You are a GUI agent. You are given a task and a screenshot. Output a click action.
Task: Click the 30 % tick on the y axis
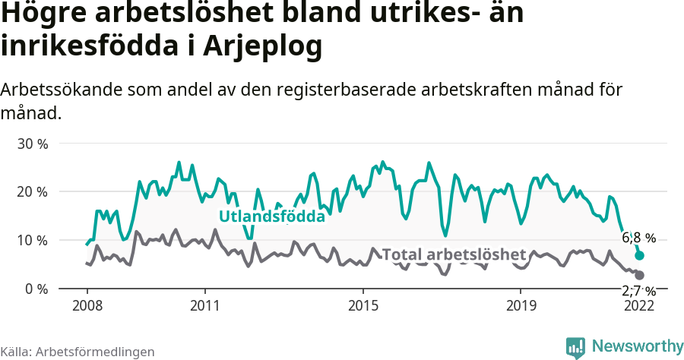[32, 144]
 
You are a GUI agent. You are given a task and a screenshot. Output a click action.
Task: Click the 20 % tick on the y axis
[32, 191]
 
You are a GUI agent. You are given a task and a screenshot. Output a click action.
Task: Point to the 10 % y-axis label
[32, 240]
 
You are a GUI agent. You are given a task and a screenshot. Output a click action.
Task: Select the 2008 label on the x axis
[87, 305]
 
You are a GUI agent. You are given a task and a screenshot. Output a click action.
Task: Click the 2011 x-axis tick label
[205, 305]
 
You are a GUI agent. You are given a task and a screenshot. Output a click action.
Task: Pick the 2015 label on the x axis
[363, 305]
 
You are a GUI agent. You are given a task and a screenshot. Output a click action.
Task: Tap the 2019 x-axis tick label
[521, 305]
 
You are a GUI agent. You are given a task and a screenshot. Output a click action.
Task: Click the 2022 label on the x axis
[639, 305]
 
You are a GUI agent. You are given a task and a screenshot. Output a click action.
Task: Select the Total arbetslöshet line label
[454, 254]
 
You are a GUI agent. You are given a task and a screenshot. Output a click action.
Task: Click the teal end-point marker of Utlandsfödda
[639, 256]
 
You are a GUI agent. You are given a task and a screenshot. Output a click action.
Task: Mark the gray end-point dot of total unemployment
[639, 275]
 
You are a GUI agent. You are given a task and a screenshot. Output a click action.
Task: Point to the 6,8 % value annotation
[638, 238]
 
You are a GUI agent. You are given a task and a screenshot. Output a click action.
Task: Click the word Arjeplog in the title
[263, 46]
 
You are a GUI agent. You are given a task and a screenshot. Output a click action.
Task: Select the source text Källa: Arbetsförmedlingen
[78, 352]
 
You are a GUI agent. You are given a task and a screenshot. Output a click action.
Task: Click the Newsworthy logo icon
[575, 347]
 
